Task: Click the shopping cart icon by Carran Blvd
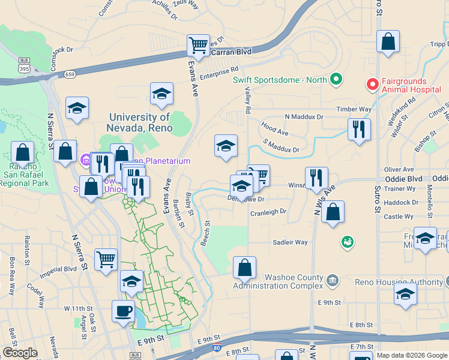198,44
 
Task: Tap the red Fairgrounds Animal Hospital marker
372,85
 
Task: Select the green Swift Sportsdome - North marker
336,79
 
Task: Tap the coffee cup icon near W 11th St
124,311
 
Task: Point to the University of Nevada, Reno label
139,122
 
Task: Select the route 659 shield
70,74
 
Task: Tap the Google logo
20,353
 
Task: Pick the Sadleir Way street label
290,242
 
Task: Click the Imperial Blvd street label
58,269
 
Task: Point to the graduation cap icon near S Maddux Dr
226,145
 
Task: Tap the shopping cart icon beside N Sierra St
106,260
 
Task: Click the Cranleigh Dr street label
268,212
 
